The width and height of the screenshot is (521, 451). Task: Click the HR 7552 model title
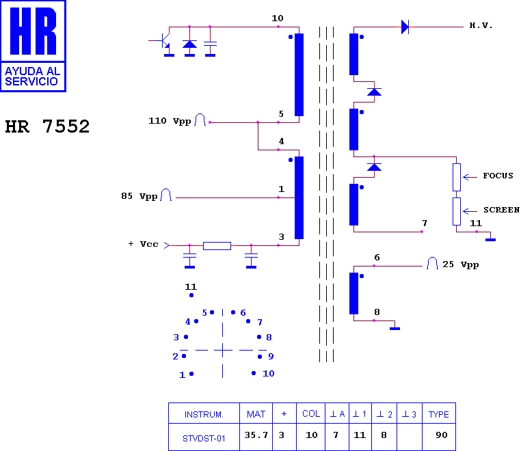[47, 126]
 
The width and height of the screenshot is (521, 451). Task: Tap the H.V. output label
[481, 25]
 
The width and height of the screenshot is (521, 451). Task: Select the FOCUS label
[498, 176]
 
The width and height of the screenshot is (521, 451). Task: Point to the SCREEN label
[501, 210]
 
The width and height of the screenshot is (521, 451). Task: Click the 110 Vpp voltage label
[170, 121]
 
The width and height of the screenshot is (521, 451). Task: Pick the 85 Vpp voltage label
[139, 196]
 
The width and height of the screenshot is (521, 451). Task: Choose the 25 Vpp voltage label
[461, 264]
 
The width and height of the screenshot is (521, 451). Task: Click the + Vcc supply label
[143, 244]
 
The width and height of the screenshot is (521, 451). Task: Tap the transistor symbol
[163, 40]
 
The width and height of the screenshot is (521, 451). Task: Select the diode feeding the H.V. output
[405, 27]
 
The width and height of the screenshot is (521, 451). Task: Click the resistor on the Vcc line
[217, 246]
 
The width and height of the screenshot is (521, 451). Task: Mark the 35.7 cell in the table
[256, 435]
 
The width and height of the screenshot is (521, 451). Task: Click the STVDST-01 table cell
[204, 439]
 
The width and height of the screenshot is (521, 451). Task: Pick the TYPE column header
[438, 415]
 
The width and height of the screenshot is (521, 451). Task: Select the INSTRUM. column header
[204, 415]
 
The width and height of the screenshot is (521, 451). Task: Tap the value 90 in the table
[441, 435]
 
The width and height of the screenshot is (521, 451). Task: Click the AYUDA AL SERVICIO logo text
[32, 76]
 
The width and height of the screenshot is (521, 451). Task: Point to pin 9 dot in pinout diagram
[260, 357]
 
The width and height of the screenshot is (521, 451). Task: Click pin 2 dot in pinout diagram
[184, 356]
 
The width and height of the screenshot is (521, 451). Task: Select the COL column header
[311, 414]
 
